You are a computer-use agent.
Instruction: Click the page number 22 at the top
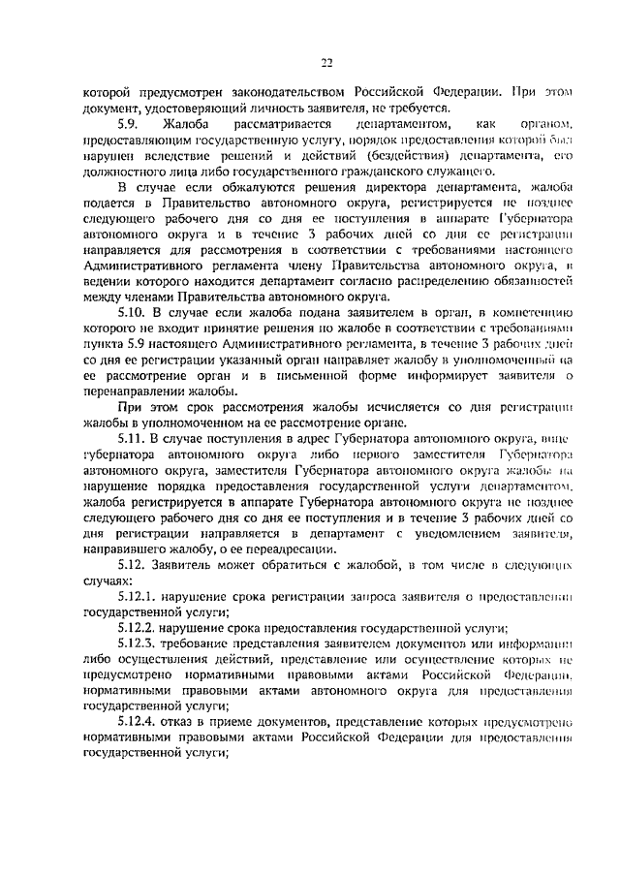click(x=326, y=64)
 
